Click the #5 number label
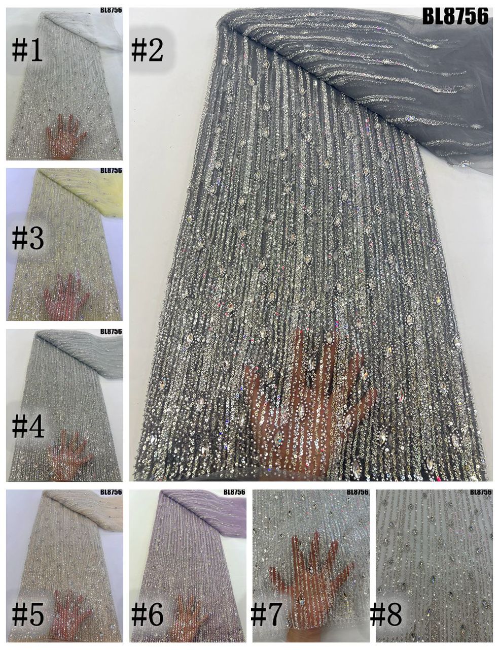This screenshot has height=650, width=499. [x=28, y=614]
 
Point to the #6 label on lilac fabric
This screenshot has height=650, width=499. [x=147, y=615]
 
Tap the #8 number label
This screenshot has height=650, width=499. [x=386, y=614]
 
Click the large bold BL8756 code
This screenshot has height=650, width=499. [x=455, y=17]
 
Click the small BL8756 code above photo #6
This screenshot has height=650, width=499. [x=234, y=492]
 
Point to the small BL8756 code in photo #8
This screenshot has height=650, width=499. [x=481, y=492]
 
